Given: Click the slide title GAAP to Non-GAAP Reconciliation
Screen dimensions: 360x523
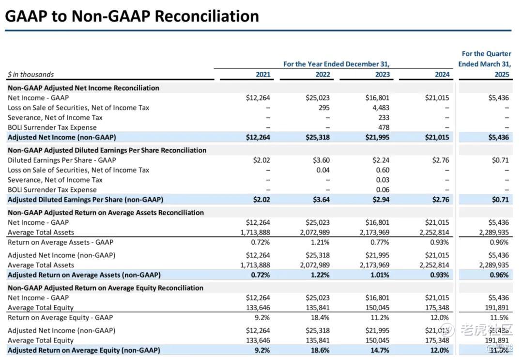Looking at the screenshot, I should click(x=132, y=16).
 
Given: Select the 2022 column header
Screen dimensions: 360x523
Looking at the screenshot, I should click(x=323, y=75).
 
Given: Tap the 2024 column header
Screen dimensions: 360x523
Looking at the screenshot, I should click(x=442, y=75).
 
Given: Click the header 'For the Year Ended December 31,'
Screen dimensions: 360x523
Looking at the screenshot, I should click(x=336, y=64).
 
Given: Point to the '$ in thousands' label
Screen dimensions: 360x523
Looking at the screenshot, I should click(x=31, y=75).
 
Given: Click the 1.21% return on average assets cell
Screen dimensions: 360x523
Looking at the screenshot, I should click(x=320, y=242).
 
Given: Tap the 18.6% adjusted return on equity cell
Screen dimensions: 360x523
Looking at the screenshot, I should click(x=321, y=350).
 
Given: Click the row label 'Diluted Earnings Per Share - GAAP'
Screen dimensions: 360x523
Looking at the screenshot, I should click(x=62, y=160).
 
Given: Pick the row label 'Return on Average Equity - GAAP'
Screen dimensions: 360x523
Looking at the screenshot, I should click(x=60, y=317).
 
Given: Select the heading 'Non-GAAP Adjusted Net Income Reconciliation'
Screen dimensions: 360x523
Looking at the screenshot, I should click(x=83, y=88).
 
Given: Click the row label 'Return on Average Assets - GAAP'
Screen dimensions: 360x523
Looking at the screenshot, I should click(x=61, y=242).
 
